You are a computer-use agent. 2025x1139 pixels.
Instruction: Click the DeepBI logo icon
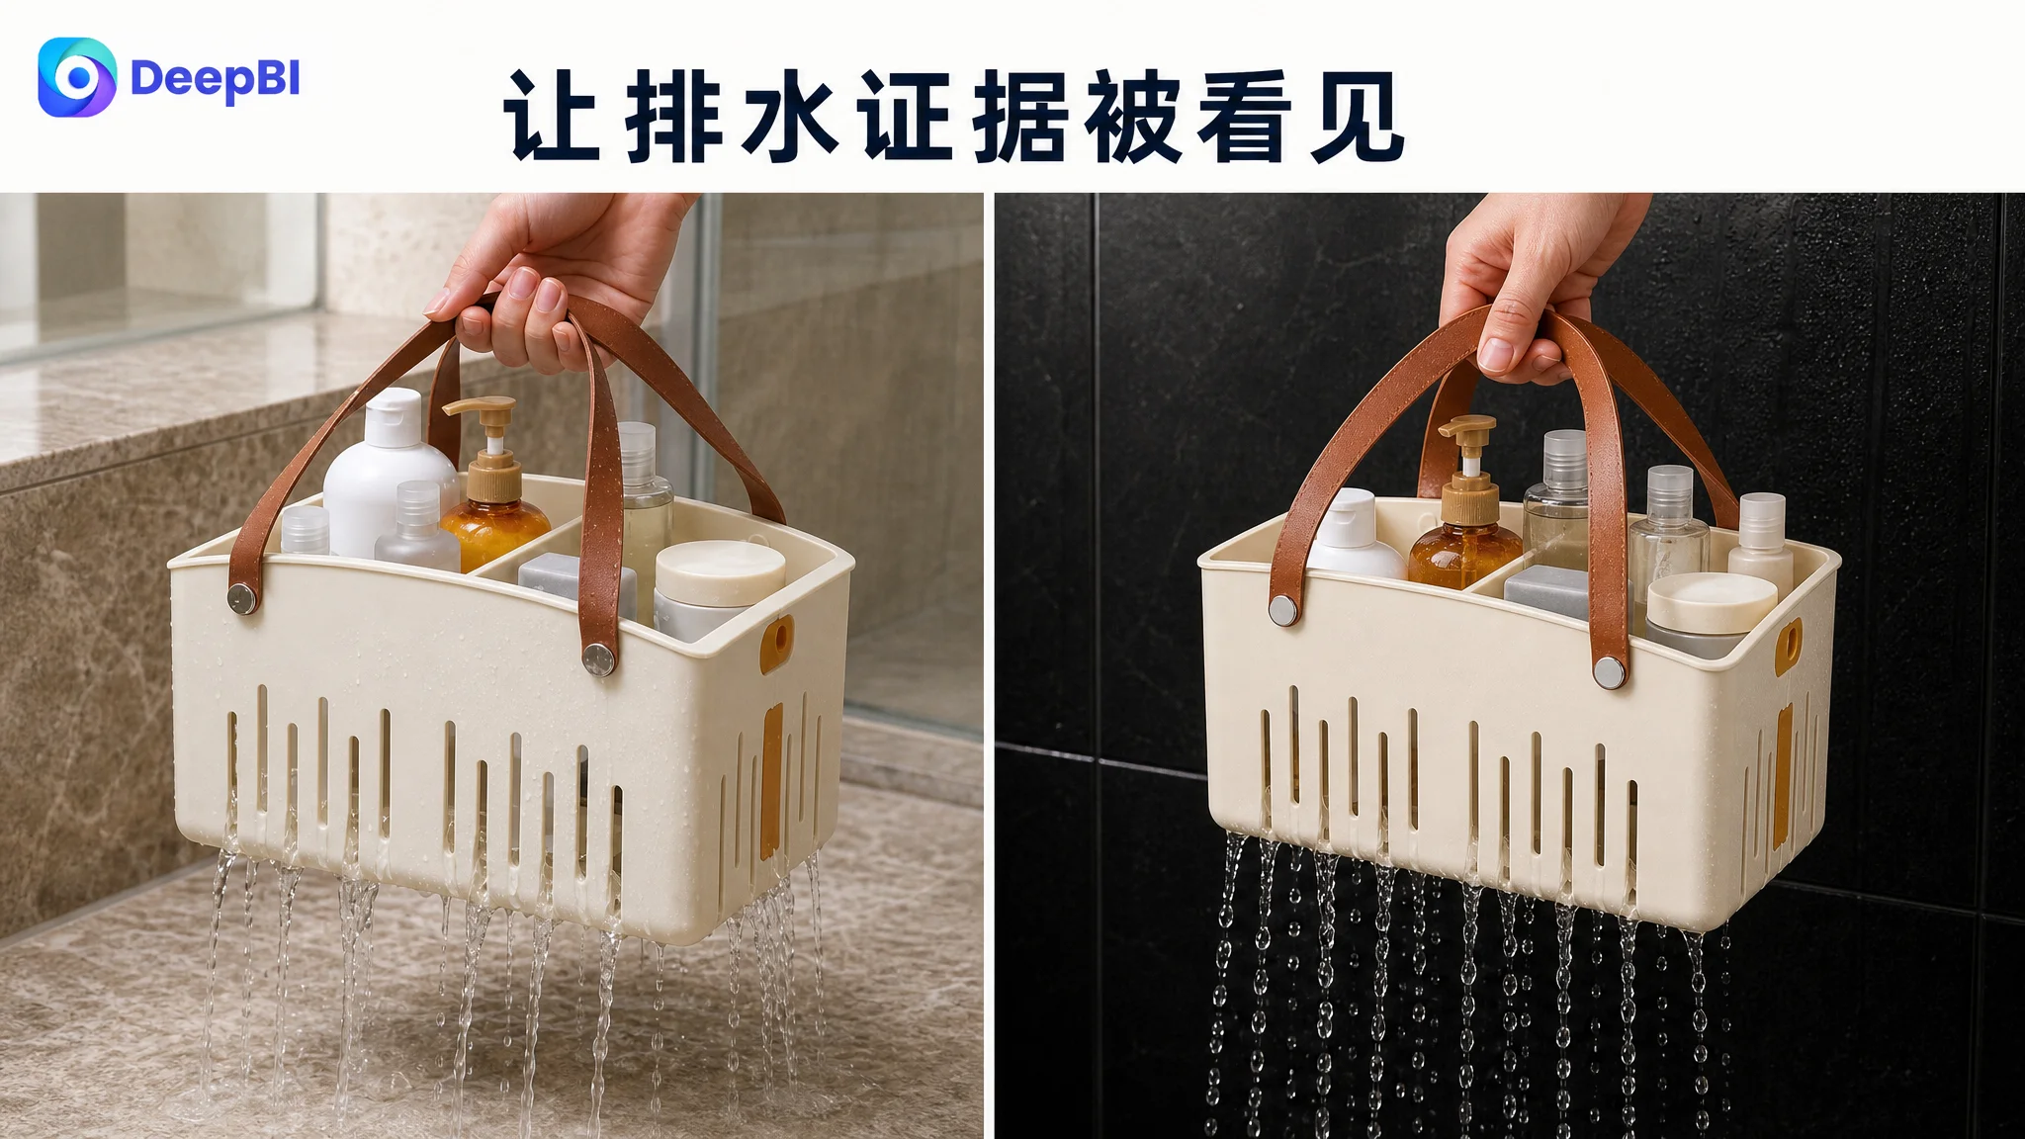(77, 77)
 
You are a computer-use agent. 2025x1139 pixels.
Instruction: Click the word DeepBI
(215, 79)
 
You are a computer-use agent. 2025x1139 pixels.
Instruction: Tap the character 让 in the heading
(552, 116)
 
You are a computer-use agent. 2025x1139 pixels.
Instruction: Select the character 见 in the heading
(1357, 116)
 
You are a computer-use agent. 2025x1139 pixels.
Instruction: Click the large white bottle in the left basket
(389, 473)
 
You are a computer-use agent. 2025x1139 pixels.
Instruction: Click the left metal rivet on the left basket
(242, 598)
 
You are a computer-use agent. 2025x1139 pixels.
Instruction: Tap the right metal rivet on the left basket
(598, 659)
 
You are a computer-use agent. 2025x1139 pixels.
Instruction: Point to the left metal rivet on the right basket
(1283, 610)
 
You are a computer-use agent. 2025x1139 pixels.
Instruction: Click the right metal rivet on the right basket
(1610, 672)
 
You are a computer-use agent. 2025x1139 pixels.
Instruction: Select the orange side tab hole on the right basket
(1788, 648)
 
